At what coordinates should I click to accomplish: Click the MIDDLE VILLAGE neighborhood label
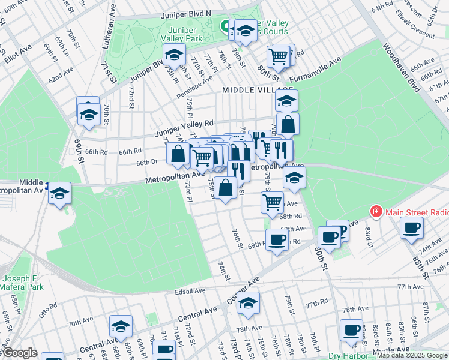point(249,90)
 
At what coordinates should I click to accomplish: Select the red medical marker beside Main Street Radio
point(376,211)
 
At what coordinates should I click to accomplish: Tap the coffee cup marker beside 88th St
point(412,228)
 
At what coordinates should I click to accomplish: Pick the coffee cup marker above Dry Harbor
point(351,330)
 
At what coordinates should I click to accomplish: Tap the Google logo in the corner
point(19,353)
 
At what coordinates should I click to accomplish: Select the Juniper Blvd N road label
point(185,13)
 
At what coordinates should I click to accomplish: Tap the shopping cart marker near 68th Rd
point(273,203)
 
